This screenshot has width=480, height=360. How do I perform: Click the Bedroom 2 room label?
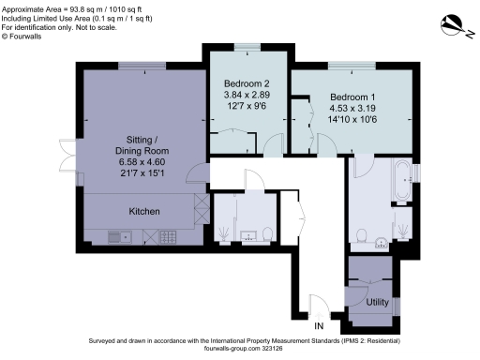pos(246,82)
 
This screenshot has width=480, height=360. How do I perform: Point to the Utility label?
pos(377,303)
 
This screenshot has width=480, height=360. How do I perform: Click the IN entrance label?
pos(319,326)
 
